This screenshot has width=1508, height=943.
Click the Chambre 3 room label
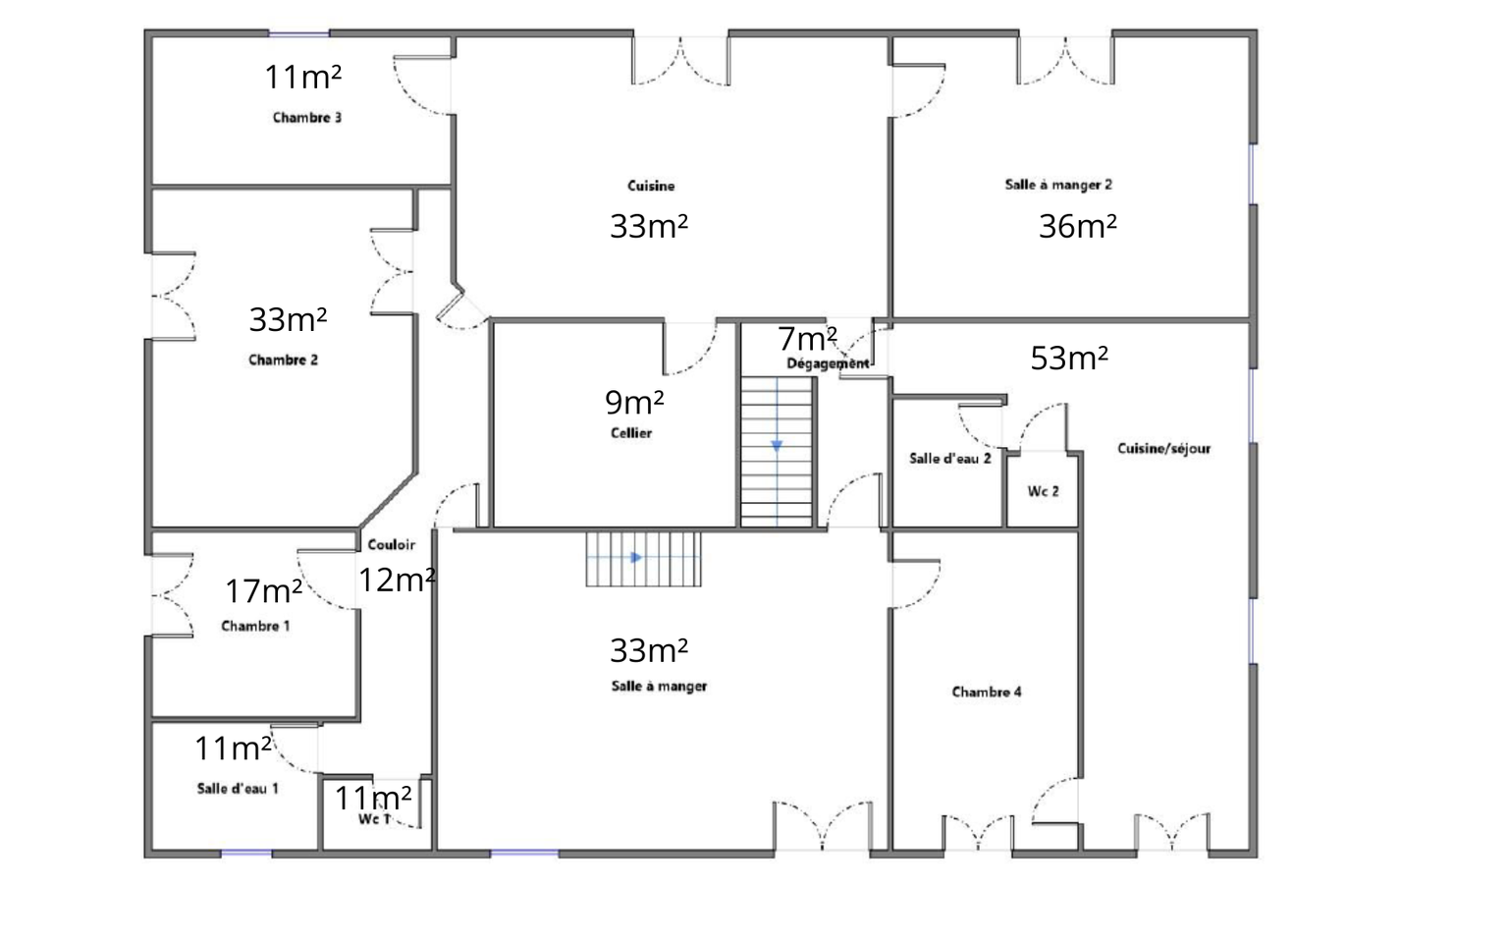(307, 118)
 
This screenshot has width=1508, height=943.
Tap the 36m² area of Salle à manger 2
(1077, 226)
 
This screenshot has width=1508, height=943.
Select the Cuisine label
(651, 186)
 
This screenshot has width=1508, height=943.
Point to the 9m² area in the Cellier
(634, 402)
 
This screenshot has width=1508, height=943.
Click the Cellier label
(631, 433)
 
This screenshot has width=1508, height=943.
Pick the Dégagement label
(828, 363)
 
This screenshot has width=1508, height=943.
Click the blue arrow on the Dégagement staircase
(777, 446)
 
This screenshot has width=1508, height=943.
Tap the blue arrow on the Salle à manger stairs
(636, 558)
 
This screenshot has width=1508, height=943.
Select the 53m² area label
(1069, 359)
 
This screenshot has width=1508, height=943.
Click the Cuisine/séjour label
(1164, 449)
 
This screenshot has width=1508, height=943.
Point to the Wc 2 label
(1043, 492)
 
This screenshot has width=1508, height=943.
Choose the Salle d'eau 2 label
(950, 459)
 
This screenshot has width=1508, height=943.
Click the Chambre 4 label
(987, 692)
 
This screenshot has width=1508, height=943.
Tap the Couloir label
(391, 545)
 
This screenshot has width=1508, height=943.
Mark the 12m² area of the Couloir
(398, 580)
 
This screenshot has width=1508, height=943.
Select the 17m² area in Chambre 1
(263, 591)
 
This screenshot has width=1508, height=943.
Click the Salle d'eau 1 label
(238, 789)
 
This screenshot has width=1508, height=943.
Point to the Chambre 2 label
(283, 361)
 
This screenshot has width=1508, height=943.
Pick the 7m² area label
(807, 339)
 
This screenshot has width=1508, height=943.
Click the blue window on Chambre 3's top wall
(299, 33)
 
